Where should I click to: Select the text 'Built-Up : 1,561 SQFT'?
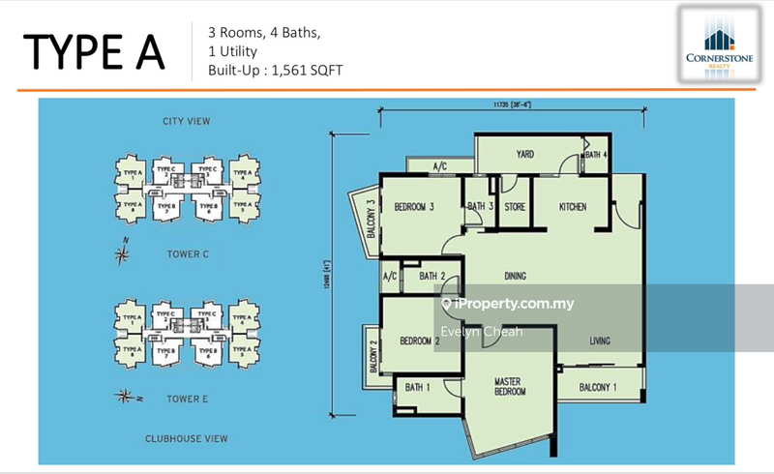276,71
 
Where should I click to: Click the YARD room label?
525,154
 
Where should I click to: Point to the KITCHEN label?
573,206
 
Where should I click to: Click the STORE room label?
515,206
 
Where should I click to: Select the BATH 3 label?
481,206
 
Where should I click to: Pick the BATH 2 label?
432,277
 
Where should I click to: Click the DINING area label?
515,277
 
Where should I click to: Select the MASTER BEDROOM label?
509,386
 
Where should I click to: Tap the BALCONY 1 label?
599,387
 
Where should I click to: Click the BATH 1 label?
417,387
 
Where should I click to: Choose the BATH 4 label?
596,155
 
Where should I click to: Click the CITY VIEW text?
187,121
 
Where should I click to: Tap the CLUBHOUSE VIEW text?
188,438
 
